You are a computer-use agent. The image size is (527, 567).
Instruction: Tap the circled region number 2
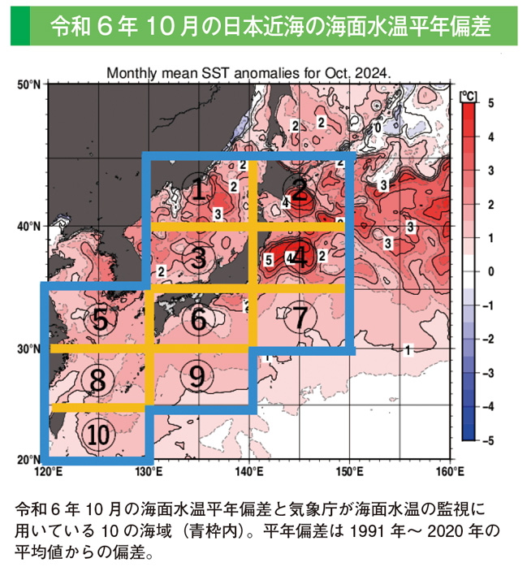300,191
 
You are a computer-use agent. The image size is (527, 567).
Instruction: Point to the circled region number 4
300,258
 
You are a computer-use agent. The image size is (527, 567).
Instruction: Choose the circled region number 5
99,319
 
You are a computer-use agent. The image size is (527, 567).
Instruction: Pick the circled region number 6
199,320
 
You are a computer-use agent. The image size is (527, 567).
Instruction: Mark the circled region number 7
300,317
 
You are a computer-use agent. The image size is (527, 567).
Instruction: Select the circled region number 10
98,435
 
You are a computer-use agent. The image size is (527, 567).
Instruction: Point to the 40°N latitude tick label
30,227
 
